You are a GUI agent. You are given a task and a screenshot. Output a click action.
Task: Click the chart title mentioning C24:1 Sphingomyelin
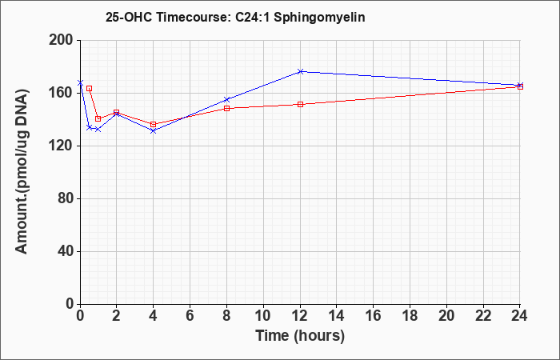pos(235,17)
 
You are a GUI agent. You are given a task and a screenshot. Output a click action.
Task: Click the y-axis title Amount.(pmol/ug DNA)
pos(22,172)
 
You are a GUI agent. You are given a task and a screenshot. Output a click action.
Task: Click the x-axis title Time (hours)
pos(300,336)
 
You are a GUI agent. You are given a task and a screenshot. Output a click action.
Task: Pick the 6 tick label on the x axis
pos(190,316)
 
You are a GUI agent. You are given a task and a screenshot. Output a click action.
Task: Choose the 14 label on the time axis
pos(337,316)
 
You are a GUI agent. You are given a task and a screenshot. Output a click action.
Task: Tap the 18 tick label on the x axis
pos(410,316)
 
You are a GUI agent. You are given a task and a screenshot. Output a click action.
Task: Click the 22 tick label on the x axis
pos(483,316)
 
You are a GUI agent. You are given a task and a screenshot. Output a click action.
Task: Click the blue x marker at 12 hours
pos(300,72)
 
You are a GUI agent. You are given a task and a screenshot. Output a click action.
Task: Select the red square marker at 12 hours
pos(300,104)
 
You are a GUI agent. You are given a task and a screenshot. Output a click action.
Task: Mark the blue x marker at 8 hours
pos(226,99)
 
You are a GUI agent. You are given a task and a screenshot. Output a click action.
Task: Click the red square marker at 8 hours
pos(226,108)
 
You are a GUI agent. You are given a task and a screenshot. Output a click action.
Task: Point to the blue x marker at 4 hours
pos(154,130)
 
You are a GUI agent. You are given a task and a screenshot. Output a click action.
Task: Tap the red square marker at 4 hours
pos(154,124)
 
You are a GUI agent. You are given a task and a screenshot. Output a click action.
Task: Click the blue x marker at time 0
pos(80,83)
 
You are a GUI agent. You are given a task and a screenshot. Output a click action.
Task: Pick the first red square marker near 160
pos(90,88)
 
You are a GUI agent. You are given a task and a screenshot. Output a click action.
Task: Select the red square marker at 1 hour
pos(98,119)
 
